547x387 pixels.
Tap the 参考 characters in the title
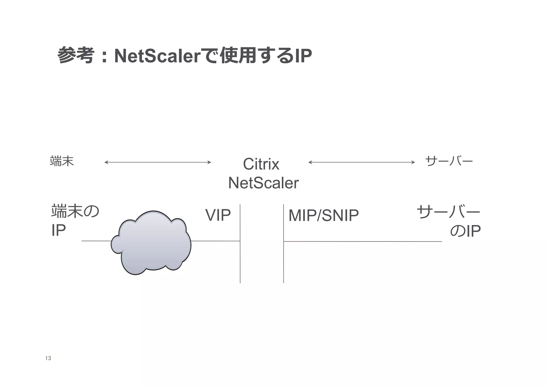point(76,55)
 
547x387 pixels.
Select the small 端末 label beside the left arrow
point(62,161)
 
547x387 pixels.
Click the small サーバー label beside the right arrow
point(449,161)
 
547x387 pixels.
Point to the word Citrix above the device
point(261,164)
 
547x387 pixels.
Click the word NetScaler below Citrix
point(263,183)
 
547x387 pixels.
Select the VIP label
point(218,215)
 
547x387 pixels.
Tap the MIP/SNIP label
point(323,215)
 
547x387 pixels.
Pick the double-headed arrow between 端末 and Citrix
point(158,162)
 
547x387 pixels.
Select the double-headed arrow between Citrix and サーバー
point(361,162)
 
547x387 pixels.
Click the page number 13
point(48,358)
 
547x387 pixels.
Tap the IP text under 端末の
point(58,230)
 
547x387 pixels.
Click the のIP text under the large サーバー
point(465,231)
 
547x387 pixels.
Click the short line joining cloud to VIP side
point(215,241)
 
